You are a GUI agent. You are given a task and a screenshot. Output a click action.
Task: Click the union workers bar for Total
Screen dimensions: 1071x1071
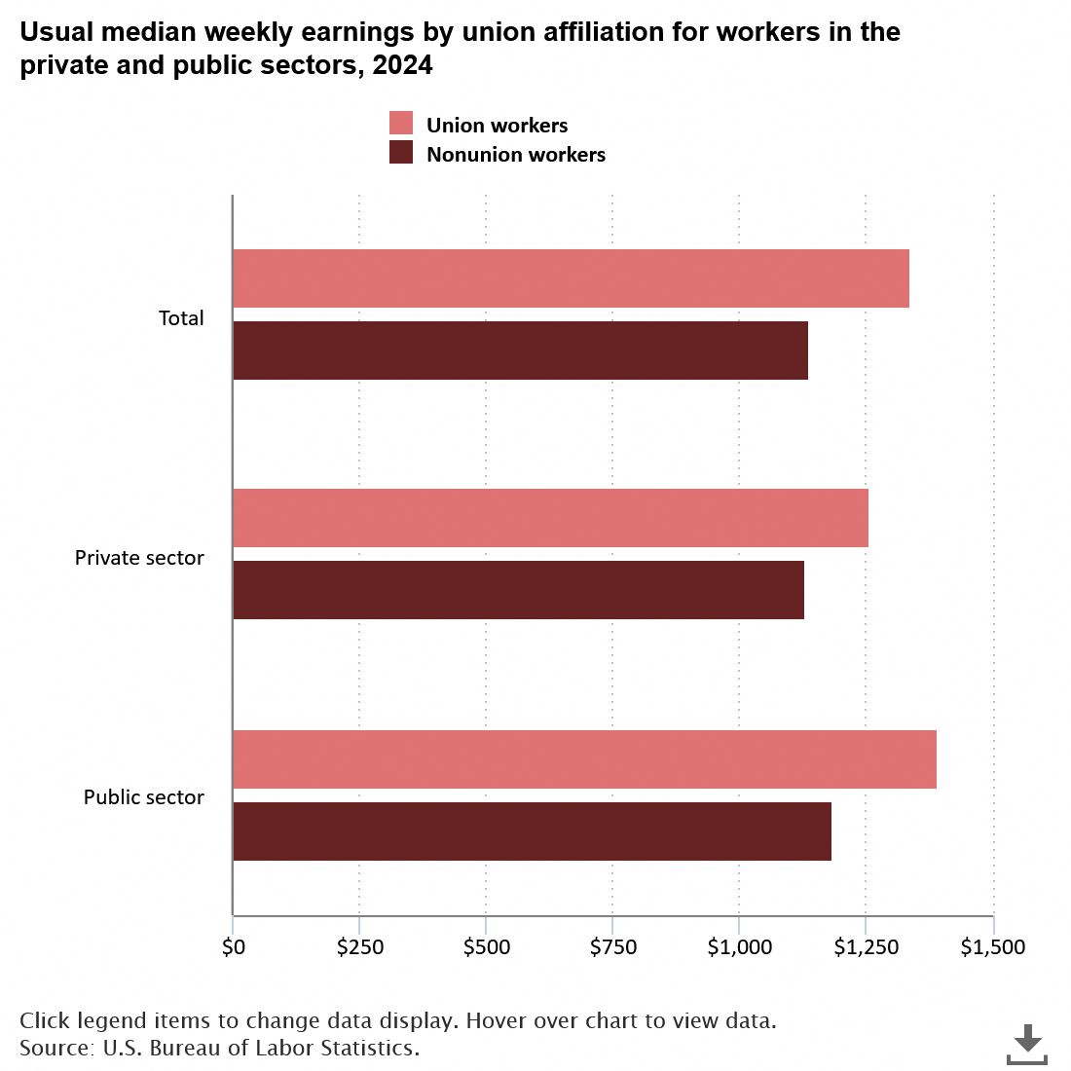(571, 278)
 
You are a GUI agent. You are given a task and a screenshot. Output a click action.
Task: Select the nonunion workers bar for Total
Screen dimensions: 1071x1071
(520, 351)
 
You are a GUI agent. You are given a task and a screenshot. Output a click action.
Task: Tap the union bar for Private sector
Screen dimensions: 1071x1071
(550, 518)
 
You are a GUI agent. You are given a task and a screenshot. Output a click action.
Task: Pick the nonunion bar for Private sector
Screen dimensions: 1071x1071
(518, 590)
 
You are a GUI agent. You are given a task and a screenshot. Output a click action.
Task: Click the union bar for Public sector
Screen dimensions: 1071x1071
(584, 759)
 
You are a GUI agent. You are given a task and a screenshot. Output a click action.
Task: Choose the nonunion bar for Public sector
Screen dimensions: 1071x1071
(532, 831)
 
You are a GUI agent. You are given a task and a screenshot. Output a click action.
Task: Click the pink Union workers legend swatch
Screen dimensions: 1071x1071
(401, 124)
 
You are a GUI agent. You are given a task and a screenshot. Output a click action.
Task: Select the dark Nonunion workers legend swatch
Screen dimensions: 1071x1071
(401, 153)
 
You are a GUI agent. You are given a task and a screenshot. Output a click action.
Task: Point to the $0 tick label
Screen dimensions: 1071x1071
(233, 946)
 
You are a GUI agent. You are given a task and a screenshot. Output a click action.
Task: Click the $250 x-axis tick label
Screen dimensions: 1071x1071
(359, 946)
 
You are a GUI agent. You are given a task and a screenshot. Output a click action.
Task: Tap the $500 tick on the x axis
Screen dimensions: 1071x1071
(486, 946)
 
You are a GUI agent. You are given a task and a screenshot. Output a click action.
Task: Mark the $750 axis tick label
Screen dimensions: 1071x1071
(612, 946)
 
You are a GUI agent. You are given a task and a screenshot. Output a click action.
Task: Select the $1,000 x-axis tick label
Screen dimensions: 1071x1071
(739, 946)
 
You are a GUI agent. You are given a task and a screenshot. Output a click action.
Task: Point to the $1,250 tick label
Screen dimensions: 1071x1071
(866, 946)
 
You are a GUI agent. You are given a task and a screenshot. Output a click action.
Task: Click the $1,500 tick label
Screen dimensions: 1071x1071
(992, 946)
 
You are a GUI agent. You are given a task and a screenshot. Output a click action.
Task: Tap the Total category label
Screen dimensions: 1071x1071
(181, 318)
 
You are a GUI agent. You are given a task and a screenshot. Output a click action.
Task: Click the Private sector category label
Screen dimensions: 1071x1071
(139, 558)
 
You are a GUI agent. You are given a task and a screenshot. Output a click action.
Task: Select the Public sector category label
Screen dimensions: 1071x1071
(143, 797)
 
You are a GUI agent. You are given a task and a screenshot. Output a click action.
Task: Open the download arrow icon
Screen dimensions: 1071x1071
(1026, 1044)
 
